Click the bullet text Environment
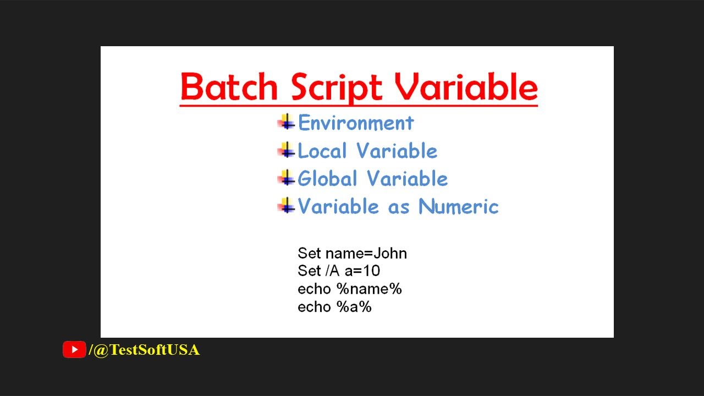[x=356, y=123]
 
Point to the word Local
[x=322, y=151]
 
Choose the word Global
[x=327, y=179]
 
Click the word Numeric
[x=458, y=207]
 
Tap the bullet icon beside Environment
[x=287, y=122]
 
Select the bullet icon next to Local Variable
[x=287, y=150]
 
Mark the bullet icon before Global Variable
[x=287, y=178]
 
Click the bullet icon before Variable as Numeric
[x=287, y=206]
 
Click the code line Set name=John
[x=352, y=254]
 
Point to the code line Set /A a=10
[x=339, y=271]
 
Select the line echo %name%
[x=349, y=289]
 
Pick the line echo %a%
[x=334, y=307]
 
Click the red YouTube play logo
[x=74, y=350]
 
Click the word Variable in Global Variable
[x=408, y=179]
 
